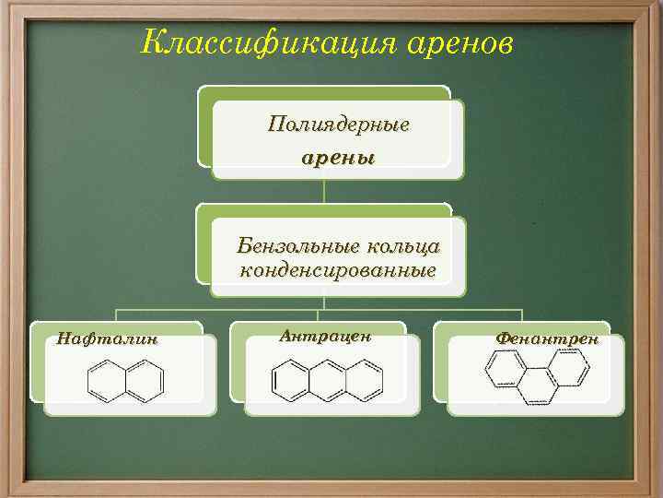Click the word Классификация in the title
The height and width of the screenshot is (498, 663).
click(247, 41)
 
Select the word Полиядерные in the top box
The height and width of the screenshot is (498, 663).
click(338, 124)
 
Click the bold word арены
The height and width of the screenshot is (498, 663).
click(338, 157)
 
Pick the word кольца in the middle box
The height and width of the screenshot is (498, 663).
click(403, 247)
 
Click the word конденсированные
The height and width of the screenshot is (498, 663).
click(337, 270)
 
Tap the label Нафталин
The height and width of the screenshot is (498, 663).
click(108, 338)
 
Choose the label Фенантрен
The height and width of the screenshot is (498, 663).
click(547, 338)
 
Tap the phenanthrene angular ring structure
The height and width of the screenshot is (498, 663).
click(537, 377)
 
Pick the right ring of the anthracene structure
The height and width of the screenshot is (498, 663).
click(366, 378)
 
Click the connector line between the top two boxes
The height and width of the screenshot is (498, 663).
click(324, 190)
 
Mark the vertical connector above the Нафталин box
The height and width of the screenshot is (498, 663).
click(116, 314)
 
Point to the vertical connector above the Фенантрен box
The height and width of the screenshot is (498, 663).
click(522, 314)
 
